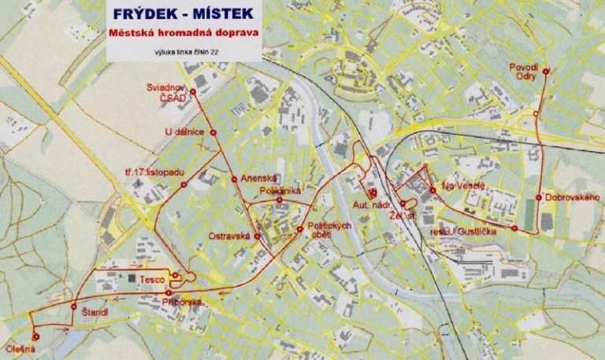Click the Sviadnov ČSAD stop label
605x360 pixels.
coord(166,91)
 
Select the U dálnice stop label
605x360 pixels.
coord(186,131)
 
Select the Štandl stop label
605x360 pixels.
coord(95,314)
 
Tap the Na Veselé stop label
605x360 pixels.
coord(462,187)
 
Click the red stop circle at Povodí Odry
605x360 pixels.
coord(545,71)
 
